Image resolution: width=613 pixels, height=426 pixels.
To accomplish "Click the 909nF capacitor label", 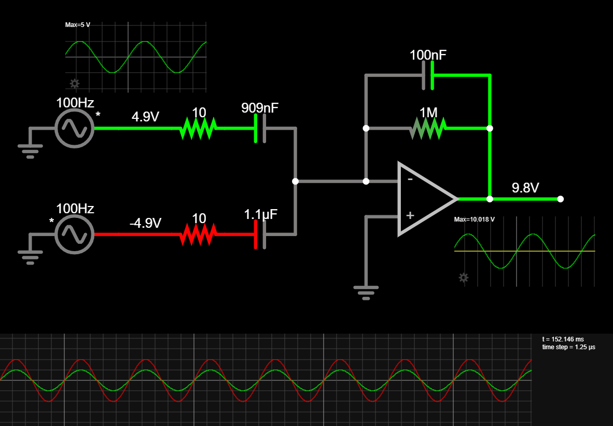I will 259,108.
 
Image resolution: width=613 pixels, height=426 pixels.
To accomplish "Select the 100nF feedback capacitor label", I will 428,55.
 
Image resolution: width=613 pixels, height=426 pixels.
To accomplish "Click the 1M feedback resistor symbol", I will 428,128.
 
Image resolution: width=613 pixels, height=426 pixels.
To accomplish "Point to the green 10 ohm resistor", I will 198,128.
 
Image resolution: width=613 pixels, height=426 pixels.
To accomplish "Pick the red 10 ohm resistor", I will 198,235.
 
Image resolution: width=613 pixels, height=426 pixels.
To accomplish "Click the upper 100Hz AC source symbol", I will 74,128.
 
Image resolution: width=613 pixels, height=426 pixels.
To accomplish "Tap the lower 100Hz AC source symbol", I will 74,235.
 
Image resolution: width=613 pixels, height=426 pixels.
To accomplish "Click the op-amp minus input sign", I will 410,180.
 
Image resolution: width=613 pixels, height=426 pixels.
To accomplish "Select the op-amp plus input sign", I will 410,215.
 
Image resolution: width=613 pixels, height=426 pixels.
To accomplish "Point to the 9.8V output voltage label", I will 525,188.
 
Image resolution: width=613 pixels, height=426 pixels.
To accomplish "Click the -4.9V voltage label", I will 145,223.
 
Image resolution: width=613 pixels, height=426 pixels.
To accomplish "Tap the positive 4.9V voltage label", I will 145,117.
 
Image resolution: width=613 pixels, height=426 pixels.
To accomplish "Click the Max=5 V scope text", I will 78,25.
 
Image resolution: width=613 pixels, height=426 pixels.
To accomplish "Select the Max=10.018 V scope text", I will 474,219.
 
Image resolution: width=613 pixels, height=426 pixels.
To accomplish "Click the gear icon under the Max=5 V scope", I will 75,83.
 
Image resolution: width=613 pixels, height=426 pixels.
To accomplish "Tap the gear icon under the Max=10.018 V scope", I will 464,278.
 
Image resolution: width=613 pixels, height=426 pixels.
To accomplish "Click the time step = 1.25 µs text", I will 568,347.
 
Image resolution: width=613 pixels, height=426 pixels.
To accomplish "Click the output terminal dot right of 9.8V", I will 560,199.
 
